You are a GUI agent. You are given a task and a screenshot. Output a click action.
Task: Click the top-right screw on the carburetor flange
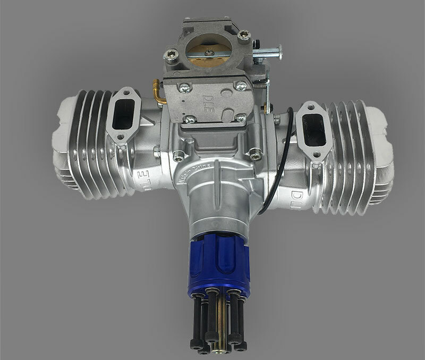(244, 36)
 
